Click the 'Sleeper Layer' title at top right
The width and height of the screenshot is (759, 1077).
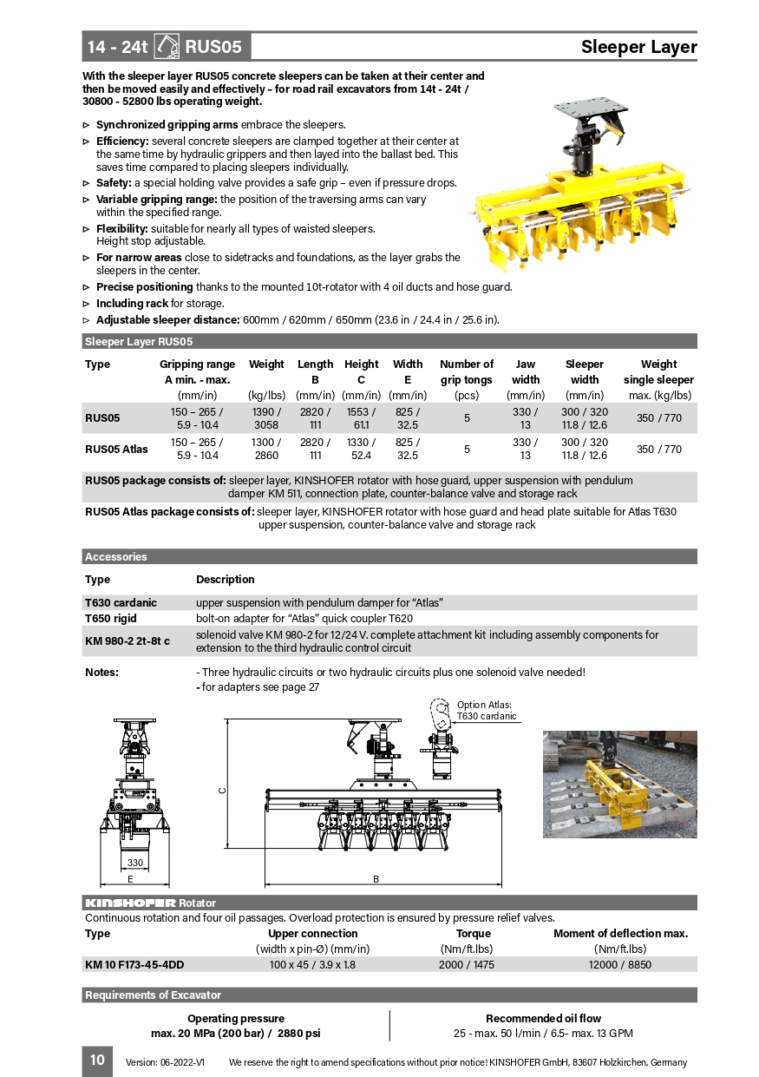638,47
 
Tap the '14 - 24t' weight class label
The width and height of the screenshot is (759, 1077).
117,47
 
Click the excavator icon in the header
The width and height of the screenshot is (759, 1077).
167,46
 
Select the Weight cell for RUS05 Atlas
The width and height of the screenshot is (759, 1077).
266,449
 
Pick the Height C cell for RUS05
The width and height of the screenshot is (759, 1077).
361,417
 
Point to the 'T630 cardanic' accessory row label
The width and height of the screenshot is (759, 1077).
121,602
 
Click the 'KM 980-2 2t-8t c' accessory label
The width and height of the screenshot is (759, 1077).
128,641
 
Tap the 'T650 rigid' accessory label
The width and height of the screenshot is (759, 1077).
111,619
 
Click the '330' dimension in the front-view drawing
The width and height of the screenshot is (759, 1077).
135,863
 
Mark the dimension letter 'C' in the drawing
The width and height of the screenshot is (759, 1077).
221,790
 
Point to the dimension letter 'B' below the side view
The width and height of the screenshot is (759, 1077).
376,879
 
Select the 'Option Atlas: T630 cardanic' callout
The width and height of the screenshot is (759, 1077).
486,711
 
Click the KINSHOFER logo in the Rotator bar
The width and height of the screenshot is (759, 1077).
130,903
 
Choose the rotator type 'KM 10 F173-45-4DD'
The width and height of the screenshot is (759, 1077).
134,964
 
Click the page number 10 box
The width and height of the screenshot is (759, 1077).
97,1060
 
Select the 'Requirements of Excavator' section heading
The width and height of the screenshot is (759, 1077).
153,995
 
